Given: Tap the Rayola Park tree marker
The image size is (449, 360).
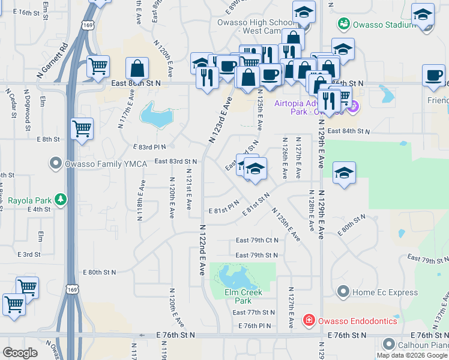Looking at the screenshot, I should point(60,199).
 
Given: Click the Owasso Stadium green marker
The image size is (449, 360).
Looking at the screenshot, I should point(343,24).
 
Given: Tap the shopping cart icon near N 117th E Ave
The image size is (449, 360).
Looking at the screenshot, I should point(82,127).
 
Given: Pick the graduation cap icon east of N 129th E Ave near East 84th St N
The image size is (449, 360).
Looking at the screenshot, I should point(343,172).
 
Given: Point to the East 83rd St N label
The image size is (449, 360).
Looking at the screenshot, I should point(175,161).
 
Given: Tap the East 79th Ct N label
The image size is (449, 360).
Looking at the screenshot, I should point(257,240).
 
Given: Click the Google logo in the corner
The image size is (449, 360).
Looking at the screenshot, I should point(20,353).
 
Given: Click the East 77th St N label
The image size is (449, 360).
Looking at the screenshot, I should point(253,313).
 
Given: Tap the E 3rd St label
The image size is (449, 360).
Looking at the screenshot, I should point(29,254).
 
